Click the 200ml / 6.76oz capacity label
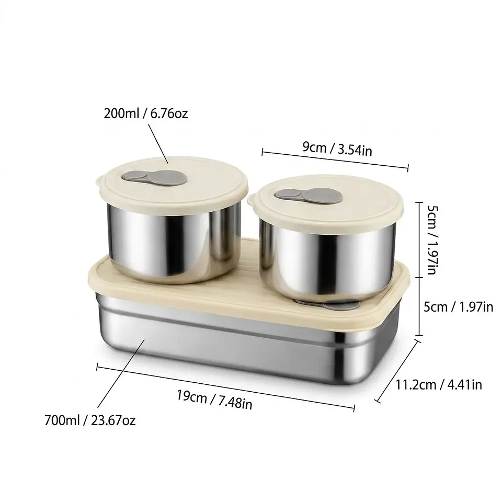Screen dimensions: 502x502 146,113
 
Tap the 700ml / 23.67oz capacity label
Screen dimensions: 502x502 90,420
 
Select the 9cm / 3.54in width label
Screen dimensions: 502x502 337,149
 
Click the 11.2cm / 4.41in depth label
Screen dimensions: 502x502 439,384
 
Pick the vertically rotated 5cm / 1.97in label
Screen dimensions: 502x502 432,240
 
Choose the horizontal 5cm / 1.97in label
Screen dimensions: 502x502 458,307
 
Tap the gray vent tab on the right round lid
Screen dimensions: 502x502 308,195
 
